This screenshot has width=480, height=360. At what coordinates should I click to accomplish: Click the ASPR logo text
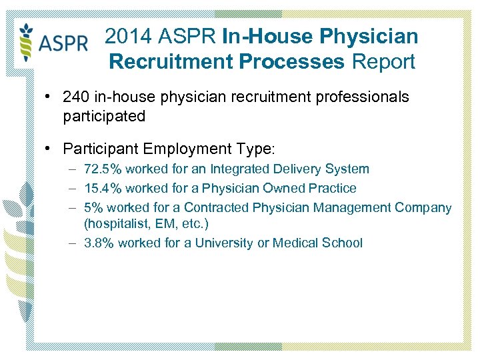[x=63, y=43]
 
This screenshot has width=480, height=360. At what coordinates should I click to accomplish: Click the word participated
[x=103, y=116]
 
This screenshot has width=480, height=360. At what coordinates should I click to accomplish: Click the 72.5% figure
[x=103, y=169]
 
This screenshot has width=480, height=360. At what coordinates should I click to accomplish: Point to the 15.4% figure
[x=103, y=189]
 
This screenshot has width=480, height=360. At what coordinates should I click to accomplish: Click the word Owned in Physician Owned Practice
[x=279, y=189]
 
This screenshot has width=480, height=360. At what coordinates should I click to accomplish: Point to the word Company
[x=423, y=207]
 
